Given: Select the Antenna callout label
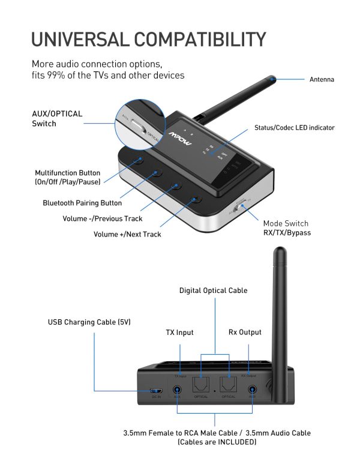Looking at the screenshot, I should pyautogui.click(x=322, y=79).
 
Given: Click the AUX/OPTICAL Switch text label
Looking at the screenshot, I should pyautogui.click(x=57, y=118).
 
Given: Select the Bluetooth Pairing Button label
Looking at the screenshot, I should pyautogui.click(x=82, y=203).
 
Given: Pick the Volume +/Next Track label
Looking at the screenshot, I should pyautogui.click(x=127, y=234).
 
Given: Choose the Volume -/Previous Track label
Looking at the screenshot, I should pyautogui.click(x=103, y=218).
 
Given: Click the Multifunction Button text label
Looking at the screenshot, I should pyautogui.click(x=67, y=177).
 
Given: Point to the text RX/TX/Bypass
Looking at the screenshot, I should pyautogui.click(x=287, y=233).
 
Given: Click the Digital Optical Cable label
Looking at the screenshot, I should pyautogui.click(x=213, y=291).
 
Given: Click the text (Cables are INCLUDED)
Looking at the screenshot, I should pyautogui.click(x=217, y=442).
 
